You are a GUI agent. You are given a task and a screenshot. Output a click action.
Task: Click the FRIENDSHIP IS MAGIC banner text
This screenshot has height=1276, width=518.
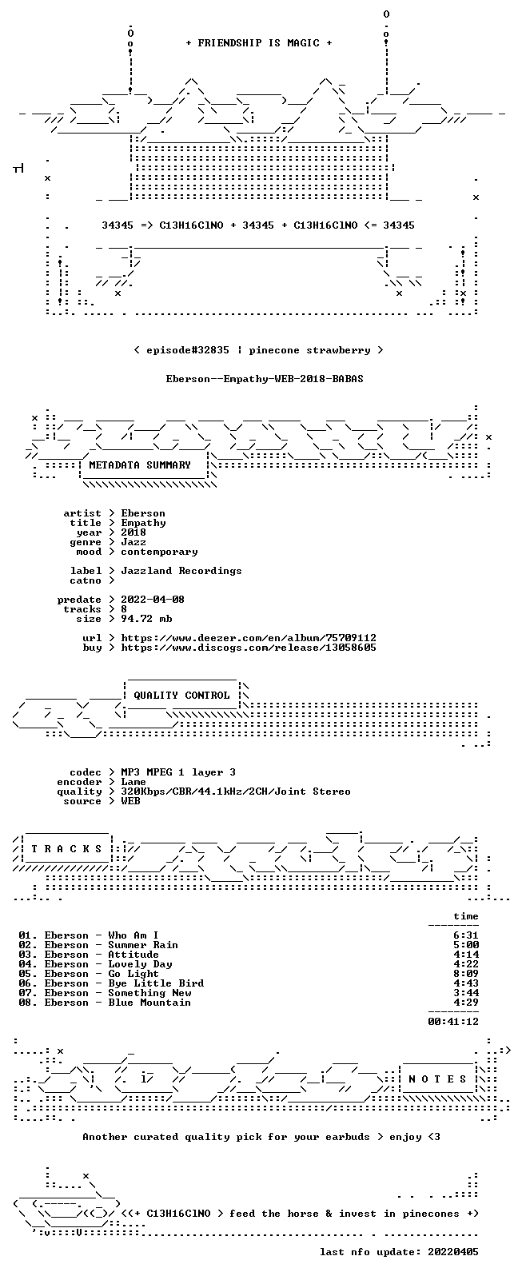click(x=259, y=42)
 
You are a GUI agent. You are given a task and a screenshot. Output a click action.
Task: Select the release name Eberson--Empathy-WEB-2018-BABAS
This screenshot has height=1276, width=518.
click(x=265, y=379)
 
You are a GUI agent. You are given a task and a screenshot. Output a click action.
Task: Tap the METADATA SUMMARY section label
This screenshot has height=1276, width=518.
click(x=140, y=465)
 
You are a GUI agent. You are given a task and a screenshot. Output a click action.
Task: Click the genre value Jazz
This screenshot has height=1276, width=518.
click(x=133, y=542)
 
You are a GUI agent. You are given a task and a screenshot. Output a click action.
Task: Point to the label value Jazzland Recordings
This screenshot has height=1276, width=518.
click(x=181, y=571)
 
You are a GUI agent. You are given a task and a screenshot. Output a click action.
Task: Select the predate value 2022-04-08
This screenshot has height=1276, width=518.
click(x=153, y=600)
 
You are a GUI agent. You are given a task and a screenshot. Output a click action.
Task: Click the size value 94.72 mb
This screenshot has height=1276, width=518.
click(x=146, y=619)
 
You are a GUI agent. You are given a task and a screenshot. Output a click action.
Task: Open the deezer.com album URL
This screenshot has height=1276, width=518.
click(x=249, y=638)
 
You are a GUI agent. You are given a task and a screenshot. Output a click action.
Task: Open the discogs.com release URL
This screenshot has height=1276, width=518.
click(x=249, y=648)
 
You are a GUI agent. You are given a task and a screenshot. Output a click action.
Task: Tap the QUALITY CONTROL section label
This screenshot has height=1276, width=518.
click(x=181, y=695)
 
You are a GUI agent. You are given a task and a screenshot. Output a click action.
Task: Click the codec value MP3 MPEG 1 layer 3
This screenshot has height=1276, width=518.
click(x=178, y=772)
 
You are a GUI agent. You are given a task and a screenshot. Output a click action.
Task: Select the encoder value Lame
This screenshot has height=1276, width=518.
click(x=133, y=782)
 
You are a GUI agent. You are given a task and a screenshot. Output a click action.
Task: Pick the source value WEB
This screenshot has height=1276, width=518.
click(x=130, y=801)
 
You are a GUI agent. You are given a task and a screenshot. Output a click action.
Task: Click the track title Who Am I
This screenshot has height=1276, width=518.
click(x=133, y=935)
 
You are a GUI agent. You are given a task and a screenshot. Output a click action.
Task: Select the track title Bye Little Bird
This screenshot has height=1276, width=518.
click(x=156, y=983)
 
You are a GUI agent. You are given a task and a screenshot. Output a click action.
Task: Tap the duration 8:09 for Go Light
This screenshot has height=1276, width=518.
click(x=466, y=974)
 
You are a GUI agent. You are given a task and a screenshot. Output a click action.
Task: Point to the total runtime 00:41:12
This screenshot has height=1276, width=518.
click(x=453, y=1022)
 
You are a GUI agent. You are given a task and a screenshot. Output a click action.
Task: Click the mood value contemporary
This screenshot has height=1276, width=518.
click(x=159, y=552)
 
